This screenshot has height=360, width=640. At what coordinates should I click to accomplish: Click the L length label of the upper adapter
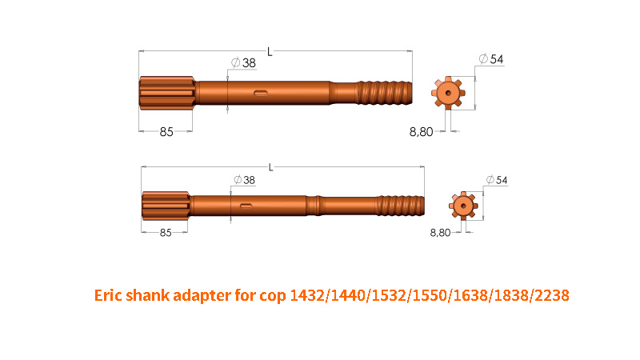(x=270, y=52)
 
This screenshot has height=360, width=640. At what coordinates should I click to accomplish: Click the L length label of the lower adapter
(x=270, y=168)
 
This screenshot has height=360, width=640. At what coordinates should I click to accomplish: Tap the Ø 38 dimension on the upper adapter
(x=244, y=63)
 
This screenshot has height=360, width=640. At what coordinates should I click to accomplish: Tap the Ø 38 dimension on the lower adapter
(x=245, y=180)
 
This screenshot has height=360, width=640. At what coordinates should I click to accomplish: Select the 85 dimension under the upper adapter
(x=166, y=132)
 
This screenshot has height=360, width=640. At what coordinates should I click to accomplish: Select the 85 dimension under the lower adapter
(x=166, y=233)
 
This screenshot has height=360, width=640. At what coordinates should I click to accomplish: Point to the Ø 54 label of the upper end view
(x=491, y=59)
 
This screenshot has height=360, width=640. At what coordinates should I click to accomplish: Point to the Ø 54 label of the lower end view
(x=497, y=180)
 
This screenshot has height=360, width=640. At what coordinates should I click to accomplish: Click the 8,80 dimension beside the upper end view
(x=422, y=132)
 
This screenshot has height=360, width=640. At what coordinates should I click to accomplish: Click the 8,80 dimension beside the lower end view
(x=441, y=233)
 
